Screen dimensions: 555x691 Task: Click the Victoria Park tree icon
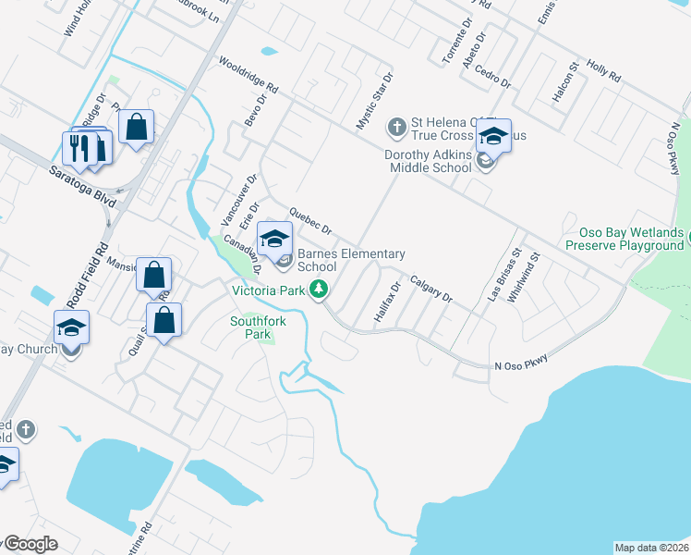(x=319, y=290)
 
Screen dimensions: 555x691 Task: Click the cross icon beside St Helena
(x=397, y=126)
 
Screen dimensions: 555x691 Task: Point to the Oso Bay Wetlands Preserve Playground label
(x=624, y=240)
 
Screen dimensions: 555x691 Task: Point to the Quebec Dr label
(x=309, y=221)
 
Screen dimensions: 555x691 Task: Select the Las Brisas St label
(x=504, y=276)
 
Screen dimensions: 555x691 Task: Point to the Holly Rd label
(x=603, y=68)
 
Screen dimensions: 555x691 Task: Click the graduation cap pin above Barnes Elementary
(x=274, y=239)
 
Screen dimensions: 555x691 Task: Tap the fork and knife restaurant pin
(x=77, y=148)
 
